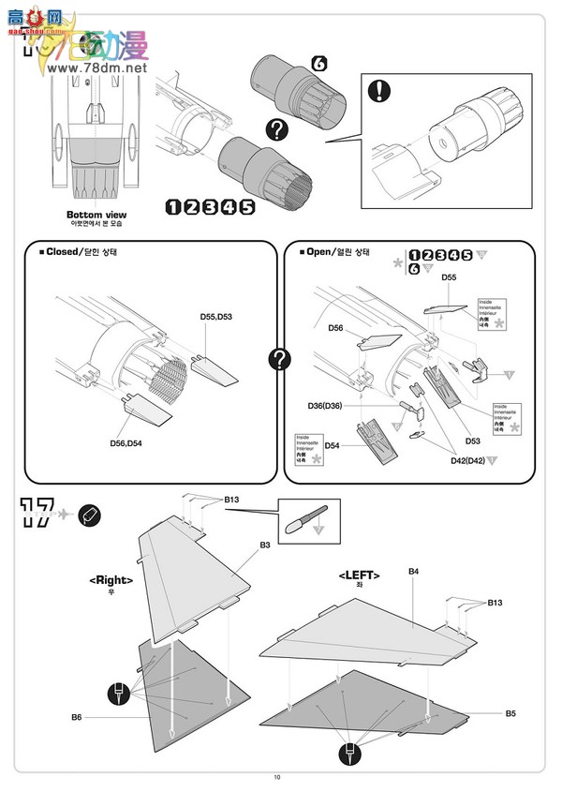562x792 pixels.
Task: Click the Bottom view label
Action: click(x=96, y=215)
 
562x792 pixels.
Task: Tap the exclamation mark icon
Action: click(x=378, y=91)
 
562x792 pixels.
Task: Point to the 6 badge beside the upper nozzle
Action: click(x=318, y=64)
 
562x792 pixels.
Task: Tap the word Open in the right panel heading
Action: click(x=318, y=252)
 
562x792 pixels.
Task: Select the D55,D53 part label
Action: click(x=216, y=318)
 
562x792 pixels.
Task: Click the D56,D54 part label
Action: click(x=130, y=442)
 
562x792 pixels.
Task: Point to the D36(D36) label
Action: click(x=327, y=405)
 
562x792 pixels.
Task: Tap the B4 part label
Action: click(x=413, y=571)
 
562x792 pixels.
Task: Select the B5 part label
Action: click(x=510, y=713)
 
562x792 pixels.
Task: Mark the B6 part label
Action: click(x=77, y=718)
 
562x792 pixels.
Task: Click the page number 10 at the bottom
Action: click(x=277, y=776)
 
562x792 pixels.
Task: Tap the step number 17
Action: click(x=36, y=514)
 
